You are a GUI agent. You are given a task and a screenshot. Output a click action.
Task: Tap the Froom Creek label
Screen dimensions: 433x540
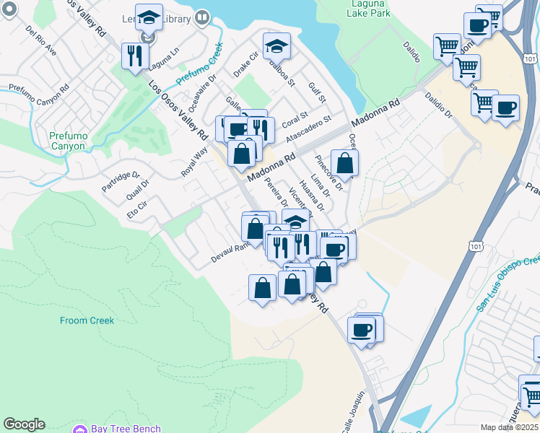87,320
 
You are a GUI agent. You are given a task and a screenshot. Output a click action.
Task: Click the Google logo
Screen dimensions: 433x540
24,424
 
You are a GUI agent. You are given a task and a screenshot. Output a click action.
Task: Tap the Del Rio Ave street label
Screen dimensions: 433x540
40,42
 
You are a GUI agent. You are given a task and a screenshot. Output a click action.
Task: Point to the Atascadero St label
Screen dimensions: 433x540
308,128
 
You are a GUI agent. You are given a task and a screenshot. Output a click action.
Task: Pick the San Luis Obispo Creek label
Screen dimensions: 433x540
508,284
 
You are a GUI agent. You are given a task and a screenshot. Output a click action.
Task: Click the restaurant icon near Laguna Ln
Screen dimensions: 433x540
135,55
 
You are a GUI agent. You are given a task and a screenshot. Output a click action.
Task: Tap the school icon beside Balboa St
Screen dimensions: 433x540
276,46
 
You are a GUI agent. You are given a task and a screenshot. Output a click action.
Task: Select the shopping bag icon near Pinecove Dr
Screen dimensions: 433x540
345,162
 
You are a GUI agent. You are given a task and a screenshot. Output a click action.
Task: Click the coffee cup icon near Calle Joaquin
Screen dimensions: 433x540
362,331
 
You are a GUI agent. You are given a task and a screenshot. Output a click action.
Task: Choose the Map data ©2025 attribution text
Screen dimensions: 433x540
510,427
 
